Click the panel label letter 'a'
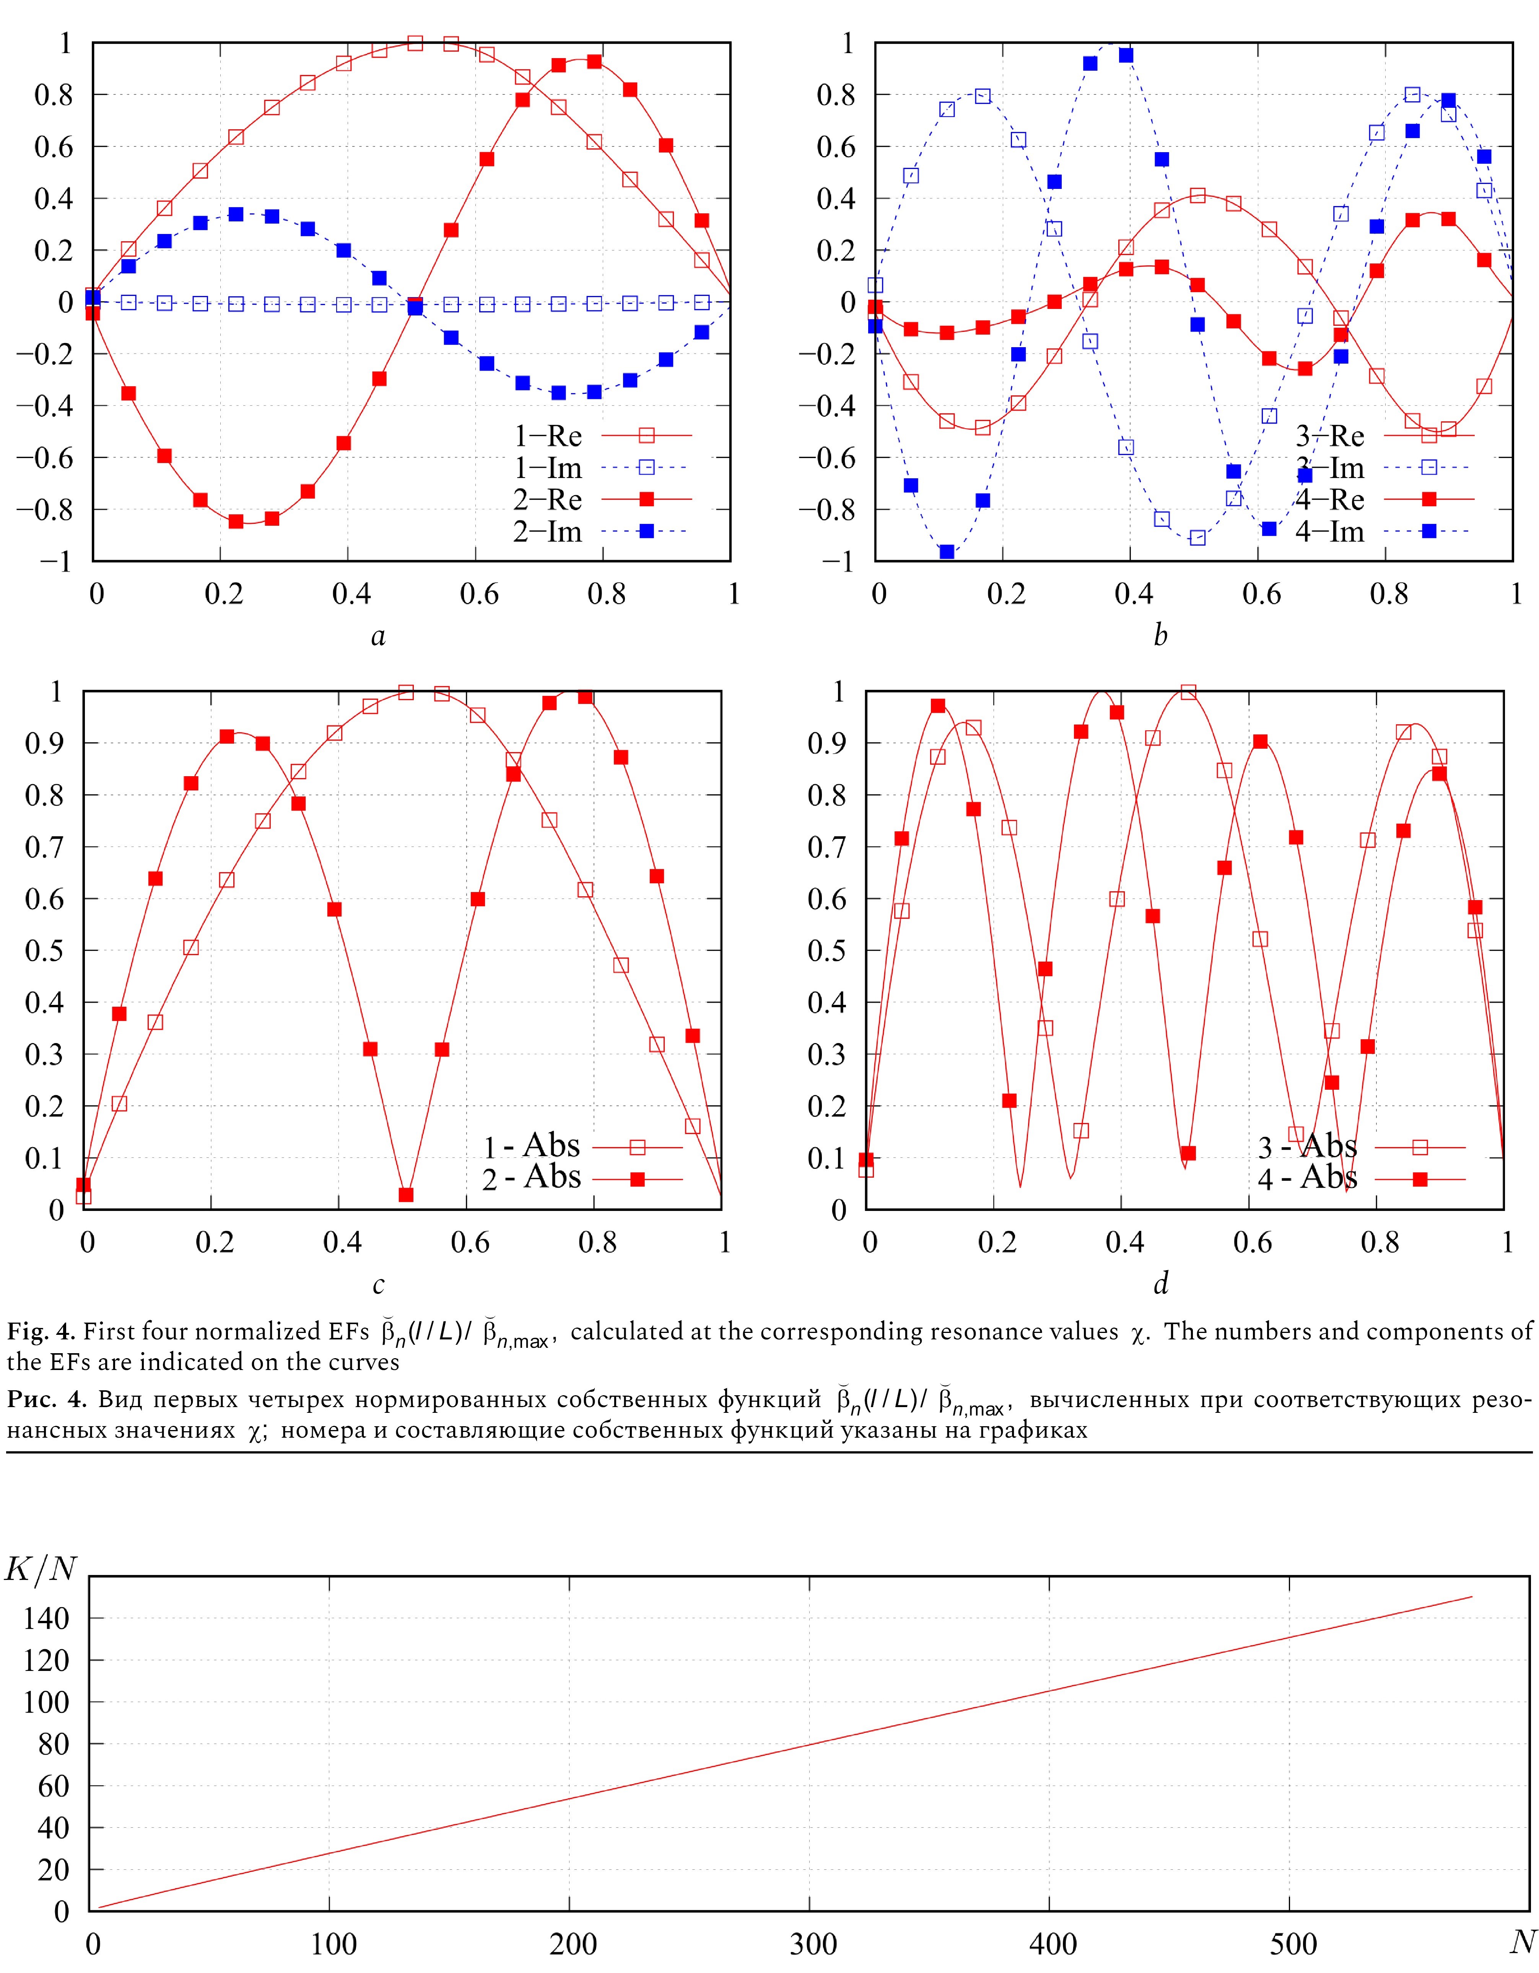click(378, 637)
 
